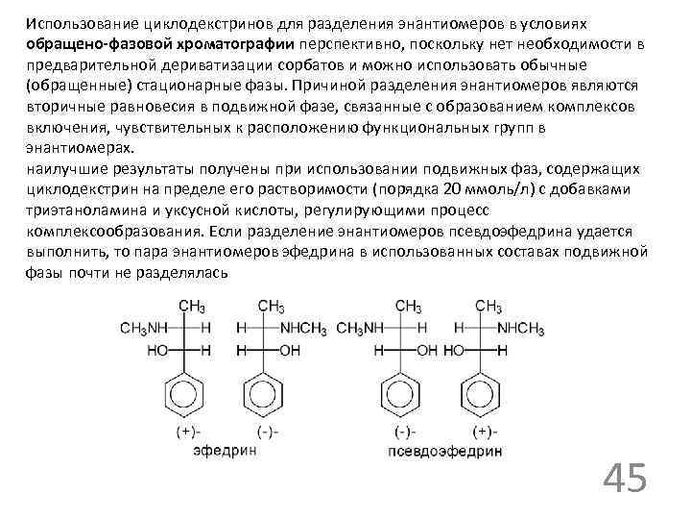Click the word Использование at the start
click(74, 22)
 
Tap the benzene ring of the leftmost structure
click(181, 393)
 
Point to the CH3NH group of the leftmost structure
click(142, 329)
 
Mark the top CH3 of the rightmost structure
click(488, 307)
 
